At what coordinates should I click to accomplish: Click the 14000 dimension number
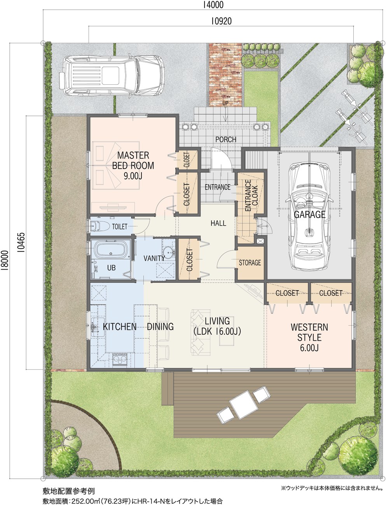213,5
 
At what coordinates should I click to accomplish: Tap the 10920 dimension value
221,21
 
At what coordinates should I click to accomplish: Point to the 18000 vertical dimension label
5,259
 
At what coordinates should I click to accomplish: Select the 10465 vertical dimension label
22,243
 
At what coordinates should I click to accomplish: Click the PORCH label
226,139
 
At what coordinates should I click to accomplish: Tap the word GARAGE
309,214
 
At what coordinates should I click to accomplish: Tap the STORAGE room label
250,263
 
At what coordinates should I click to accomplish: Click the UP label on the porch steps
225,103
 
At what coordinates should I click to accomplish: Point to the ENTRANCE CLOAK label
251,196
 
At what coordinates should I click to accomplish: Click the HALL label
218,223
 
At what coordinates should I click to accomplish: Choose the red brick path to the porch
225,75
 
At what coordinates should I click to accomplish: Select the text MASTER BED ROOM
133,160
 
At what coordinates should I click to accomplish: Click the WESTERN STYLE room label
309,332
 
